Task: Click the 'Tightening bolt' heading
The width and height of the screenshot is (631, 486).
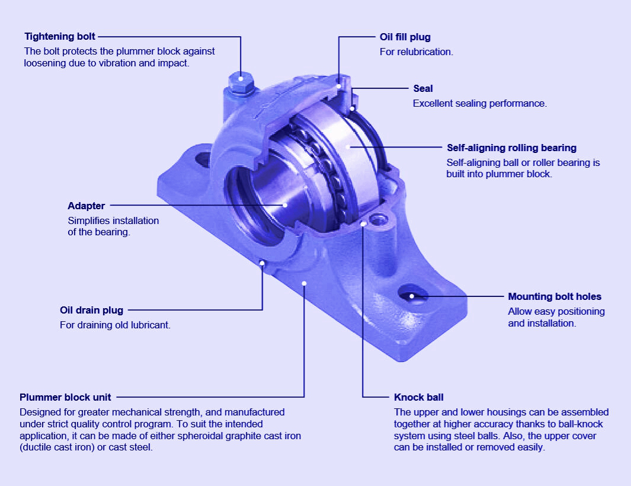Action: pos(59,37)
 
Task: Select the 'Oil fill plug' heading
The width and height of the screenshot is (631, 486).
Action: pos(405,37)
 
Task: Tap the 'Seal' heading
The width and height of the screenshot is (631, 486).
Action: pos(422,88)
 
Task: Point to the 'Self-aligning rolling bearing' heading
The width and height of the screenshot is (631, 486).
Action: pos(511,148)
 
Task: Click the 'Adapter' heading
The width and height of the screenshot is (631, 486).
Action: pos(86,206)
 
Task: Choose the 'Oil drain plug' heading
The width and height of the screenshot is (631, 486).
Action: pos(91,310)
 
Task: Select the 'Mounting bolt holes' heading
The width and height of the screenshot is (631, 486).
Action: pos(554,296)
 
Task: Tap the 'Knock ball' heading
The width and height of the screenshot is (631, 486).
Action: pos(418,397)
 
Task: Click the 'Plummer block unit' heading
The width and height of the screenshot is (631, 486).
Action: pos(65,397)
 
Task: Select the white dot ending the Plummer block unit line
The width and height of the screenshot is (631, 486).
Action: pos(304,283)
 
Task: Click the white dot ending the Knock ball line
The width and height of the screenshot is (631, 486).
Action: pos(363,224)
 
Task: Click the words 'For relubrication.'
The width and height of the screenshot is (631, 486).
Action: pos(416,52)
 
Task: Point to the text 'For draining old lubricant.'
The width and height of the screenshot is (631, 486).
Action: pos(115,325)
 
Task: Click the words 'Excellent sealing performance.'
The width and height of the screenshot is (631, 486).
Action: pos(479,103)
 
